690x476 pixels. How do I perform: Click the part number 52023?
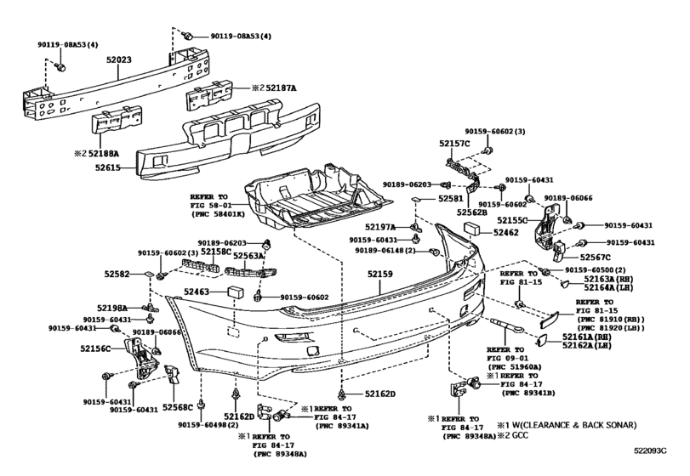click(x=118, y=59)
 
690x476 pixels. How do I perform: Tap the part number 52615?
click(x=108, y=167)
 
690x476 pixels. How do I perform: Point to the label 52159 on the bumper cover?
click(x=380, y=274)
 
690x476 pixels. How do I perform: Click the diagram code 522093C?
click(x=650, y=450)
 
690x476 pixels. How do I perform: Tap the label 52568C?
click(x=178, y=407)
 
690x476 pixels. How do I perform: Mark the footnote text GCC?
click(x=521, y=435)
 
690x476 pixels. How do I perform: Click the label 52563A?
click(x=248, y=255)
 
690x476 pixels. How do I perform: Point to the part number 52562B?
click(x=471, y=212)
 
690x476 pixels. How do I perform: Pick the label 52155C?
click(x=512, y=220)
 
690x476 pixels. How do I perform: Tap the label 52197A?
click(x=380, y=227)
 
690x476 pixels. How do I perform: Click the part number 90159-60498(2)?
click(x=208, y=425)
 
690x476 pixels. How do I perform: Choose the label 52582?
click(x=117, y=274)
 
